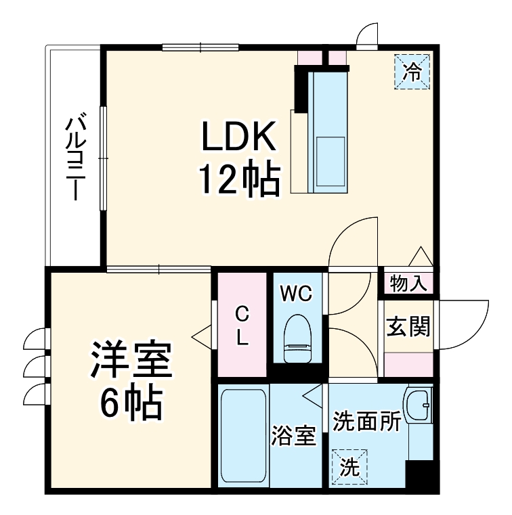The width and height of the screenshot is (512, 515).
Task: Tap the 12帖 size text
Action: (239, 181)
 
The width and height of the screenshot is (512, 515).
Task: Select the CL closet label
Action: (241, 326)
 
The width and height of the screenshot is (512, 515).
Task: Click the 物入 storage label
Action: (409, 284)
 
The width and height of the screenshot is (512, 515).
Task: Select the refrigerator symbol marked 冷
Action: (412, 70)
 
